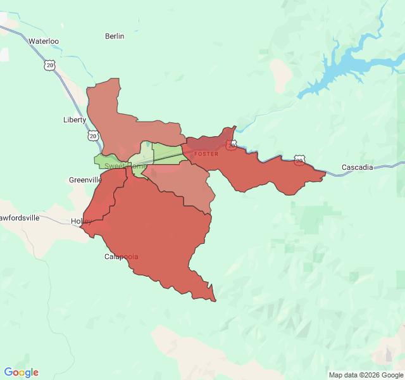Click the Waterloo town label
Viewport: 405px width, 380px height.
pyautogui.click(x=44, y=41)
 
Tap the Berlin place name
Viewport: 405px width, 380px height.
pyautogui.click(x=115, y=36)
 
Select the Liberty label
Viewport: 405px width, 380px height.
pyautogui.click(x=74, y=120)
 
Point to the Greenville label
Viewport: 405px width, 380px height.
pyautogui.click(x=85, y=180)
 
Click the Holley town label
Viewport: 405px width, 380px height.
pyautogui.click(x=81, y=221)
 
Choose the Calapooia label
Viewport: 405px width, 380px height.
pyautogui.click(x=121, y=256)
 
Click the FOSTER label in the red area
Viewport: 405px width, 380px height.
pyautogui.click(x=206, y=154)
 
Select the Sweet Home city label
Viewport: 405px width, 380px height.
pyautogui.click(x=125, y=166)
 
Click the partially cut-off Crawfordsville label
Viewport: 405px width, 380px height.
pyautogui.click(x=20, y=218)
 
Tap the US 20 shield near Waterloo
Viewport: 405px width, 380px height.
pyautogui.click(x=50, y=65)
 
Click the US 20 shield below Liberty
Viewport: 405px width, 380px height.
pyautogui.click(x=93, y=136)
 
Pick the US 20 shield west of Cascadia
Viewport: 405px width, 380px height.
pyautogui.click(x=299, y=160)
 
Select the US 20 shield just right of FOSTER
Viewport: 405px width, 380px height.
pyautogui.click(x=232, y=146)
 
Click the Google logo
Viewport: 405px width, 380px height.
pyautogui.click(x=21, y=372)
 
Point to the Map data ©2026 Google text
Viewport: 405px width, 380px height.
pyautogui.click(x=365, y=375)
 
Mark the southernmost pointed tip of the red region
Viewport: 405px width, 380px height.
pyautogui.click(x=215, y=300)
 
